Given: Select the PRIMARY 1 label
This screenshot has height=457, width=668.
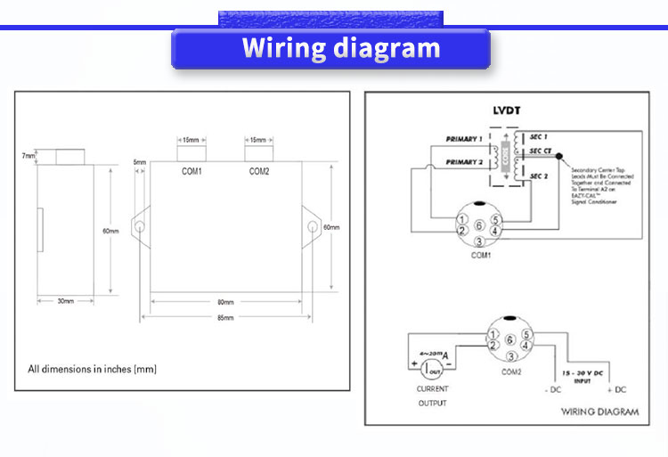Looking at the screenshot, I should coord(463,139).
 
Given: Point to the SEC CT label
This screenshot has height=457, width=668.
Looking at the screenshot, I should coord(541,151).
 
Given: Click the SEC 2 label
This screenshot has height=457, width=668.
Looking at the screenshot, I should coord(538,177).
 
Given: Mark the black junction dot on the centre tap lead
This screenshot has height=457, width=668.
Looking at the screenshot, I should coord(559,157).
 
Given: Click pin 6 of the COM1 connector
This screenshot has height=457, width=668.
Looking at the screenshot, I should coord(479,225).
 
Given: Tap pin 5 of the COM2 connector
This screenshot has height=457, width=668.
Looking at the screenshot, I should coord(526,335).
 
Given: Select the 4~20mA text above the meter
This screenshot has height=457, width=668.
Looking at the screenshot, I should coord(431,355).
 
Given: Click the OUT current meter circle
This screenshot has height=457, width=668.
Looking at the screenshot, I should coord(434,369).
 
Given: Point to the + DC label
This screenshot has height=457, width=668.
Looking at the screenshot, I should coord(615,391).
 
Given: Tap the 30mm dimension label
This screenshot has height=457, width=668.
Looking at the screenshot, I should coord(65,301).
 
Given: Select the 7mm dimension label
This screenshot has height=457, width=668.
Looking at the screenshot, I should coord(29,156).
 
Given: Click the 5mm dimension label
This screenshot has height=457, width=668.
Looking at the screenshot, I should coord(140,162).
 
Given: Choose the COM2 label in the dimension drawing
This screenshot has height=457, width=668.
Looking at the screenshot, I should coord(259,171).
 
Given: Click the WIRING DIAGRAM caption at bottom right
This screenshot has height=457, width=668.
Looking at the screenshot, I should coord(600,412).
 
